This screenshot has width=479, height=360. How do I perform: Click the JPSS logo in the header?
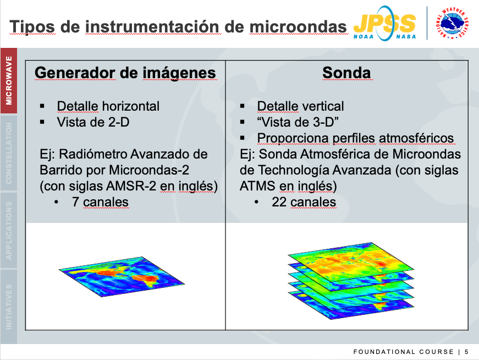pos(384,24)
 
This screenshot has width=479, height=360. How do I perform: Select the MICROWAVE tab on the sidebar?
pos(9,80)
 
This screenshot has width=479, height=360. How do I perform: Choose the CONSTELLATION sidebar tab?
pos(9,153)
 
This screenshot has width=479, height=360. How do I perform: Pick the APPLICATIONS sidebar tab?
pos(9,230)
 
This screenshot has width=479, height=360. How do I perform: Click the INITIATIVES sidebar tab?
pos(9,307)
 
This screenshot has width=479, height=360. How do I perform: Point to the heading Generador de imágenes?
pos(125,73)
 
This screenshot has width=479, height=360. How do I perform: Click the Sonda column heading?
pos(346,73)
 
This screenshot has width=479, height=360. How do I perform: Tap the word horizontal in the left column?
pos(131,106)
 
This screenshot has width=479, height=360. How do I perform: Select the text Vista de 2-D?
pos(93,122)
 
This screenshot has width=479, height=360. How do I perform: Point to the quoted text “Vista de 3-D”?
pos(298,122)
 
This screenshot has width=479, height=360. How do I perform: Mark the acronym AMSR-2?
pos(131,186)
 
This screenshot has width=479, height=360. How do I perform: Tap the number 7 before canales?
pos(75,202)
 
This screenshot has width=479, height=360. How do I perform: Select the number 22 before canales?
pos(279,202)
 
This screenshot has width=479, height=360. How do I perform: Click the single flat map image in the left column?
pos(122,276)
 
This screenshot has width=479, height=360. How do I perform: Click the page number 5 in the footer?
pos(466,352)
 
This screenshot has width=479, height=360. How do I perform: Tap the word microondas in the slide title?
pos(298,26)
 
